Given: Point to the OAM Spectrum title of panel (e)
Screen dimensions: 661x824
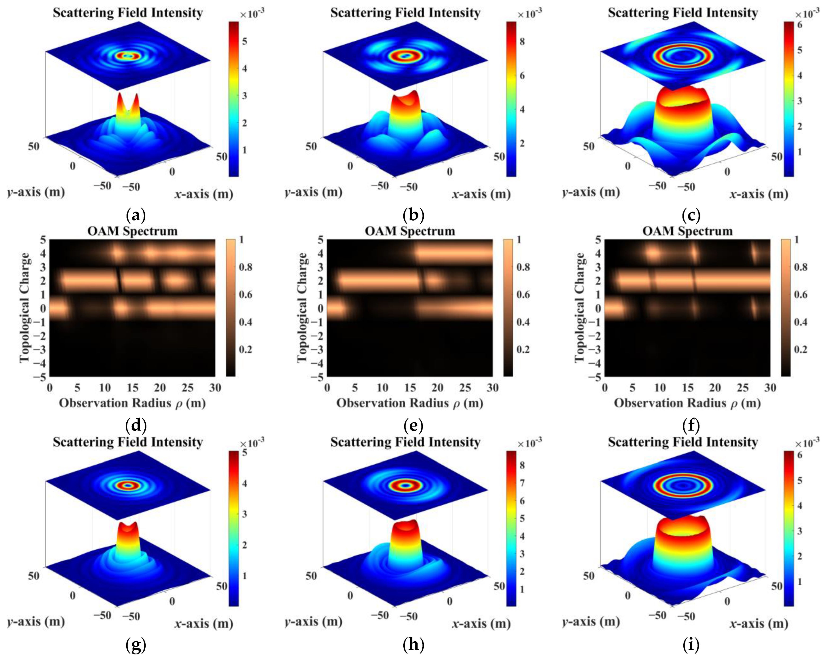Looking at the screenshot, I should point(410,231).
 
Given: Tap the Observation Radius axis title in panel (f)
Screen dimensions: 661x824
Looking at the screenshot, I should point(687,403).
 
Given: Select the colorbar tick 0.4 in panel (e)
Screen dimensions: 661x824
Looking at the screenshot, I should point(523,322).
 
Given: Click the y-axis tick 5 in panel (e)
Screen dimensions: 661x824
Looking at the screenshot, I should point(320,240).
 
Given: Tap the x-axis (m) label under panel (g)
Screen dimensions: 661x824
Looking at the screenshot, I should point(204,624).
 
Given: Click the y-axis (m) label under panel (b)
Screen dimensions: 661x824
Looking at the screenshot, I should point(313,192).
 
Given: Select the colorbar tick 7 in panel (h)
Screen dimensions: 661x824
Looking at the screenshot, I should point(522,483).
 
